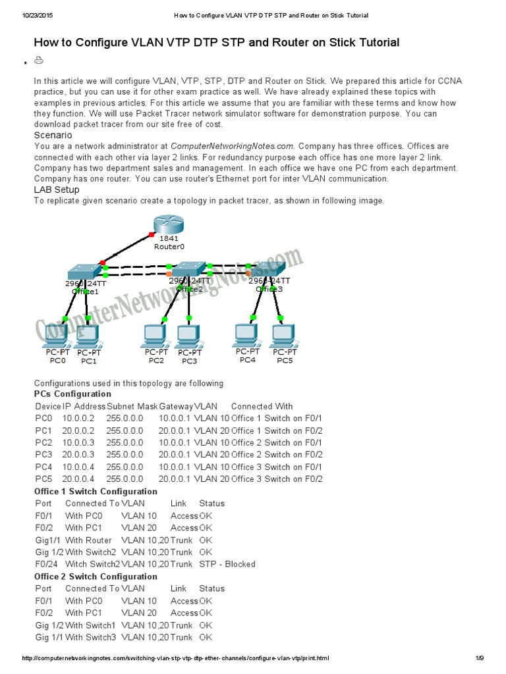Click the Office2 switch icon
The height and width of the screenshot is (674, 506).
[x=189, y=269]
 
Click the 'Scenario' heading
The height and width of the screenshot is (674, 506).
[x=53, y=135]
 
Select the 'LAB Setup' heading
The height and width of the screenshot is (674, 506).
[x=57, y=190]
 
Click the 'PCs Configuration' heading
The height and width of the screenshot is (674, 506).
[x=72, y=394]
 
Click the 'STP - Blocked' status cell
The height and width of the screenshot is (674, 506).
[x=227, y=564]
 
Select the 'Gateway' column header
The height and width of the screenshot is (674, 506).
[x=176, y=407]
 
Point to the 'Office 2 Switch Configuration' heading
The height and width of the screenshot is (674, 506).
[x=96, y=577]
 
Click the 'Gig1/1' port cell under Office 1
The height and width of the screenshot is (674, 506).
[x=47, y=540]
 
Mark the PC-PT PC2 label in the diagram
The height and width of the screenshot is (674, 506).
[x=156, y=356]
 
